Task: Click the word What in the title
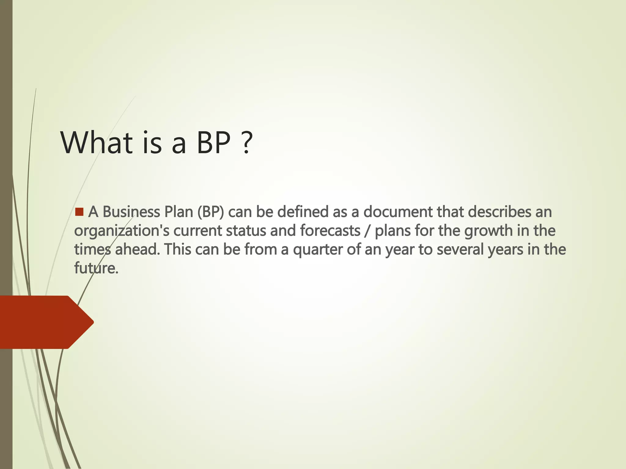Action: tap(97, 142)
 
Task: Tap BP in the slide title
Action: tap(213, 142)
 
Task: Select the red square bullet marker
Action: tap(79, 212)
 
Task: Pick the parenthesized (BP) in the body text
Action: tap(211, 212)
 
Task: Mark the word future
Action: tap(96, 268)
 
